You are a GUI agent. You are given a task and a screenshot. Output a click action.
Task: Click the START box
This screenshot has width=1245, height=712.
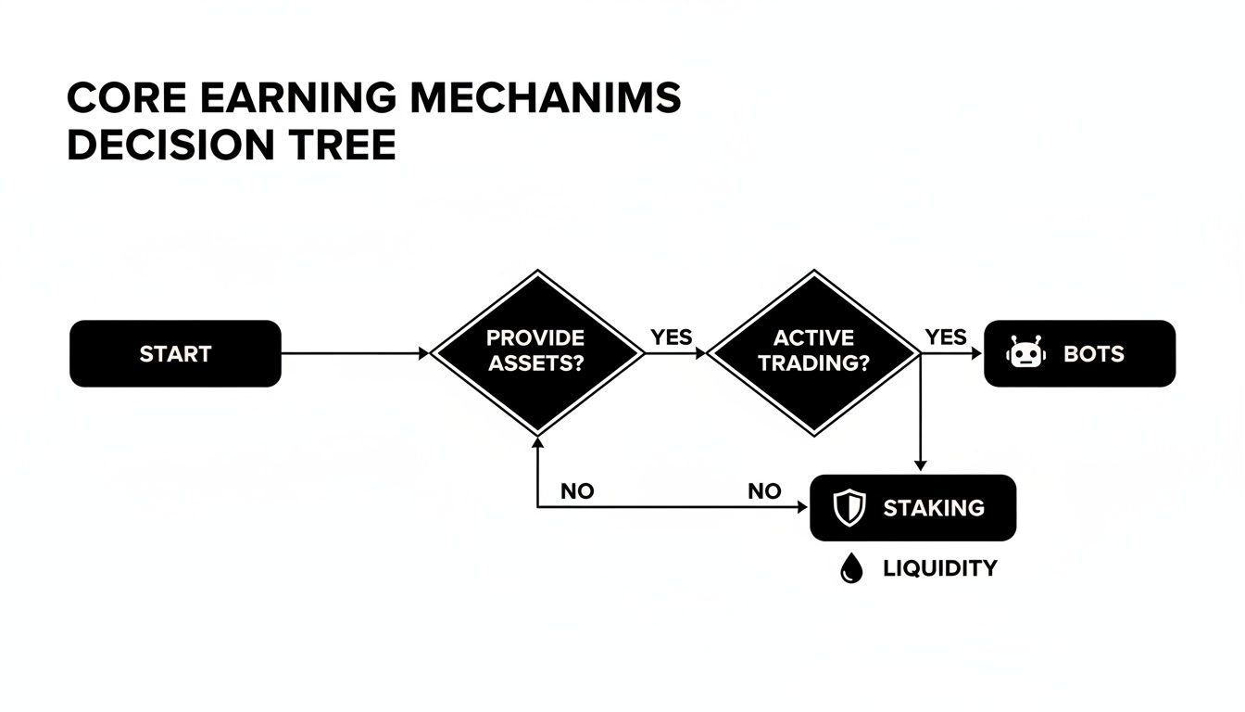click(175, 353)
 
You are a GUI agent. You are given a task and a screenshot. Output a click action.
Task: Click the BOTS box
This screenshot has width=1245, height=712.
click(1080, 353)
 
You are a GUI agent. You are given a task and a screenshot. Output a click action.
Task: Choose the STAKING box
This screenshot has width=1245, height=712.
click(912, 508)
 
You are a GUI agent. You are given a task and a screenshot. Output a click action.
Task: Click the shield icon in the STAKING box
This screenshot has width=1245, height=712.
click(849, 508)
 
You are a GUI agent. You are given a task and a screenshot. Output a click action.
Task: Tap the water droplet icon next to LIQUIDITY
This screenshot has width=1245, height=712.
click(850, 569)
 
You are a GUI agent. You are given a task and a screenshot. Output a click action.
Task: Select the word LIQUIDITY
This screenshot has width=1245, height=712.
click(940, 568)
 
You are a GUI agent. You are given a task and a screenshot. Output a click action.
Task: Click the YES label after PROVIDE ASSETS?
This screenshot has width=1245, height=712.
click(671, 337)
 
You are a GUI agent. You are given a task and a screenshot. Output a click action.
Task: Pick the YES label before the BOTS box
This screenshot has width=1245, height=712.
click(945, 337)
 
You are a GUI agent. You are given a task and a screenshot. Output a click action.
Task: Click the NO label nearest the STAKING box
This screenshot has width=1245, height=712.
click(764, 491)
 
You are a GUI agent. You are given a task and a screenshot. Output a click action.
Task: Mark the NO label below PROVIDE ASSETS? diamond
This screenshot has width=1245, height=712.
click(577, 491)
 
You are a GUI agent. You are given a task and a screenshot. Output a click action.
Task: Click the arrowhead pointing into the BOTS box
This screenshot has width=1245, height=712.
click(976, 353)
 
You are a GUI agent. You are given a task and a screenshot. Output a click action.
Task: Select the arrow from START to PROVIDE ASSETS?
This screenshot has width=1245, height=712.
click(352, 353)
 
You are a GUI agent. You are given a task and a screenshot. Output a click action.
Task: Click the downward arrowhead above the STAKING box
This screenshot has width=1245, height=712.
click(920, 464)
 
